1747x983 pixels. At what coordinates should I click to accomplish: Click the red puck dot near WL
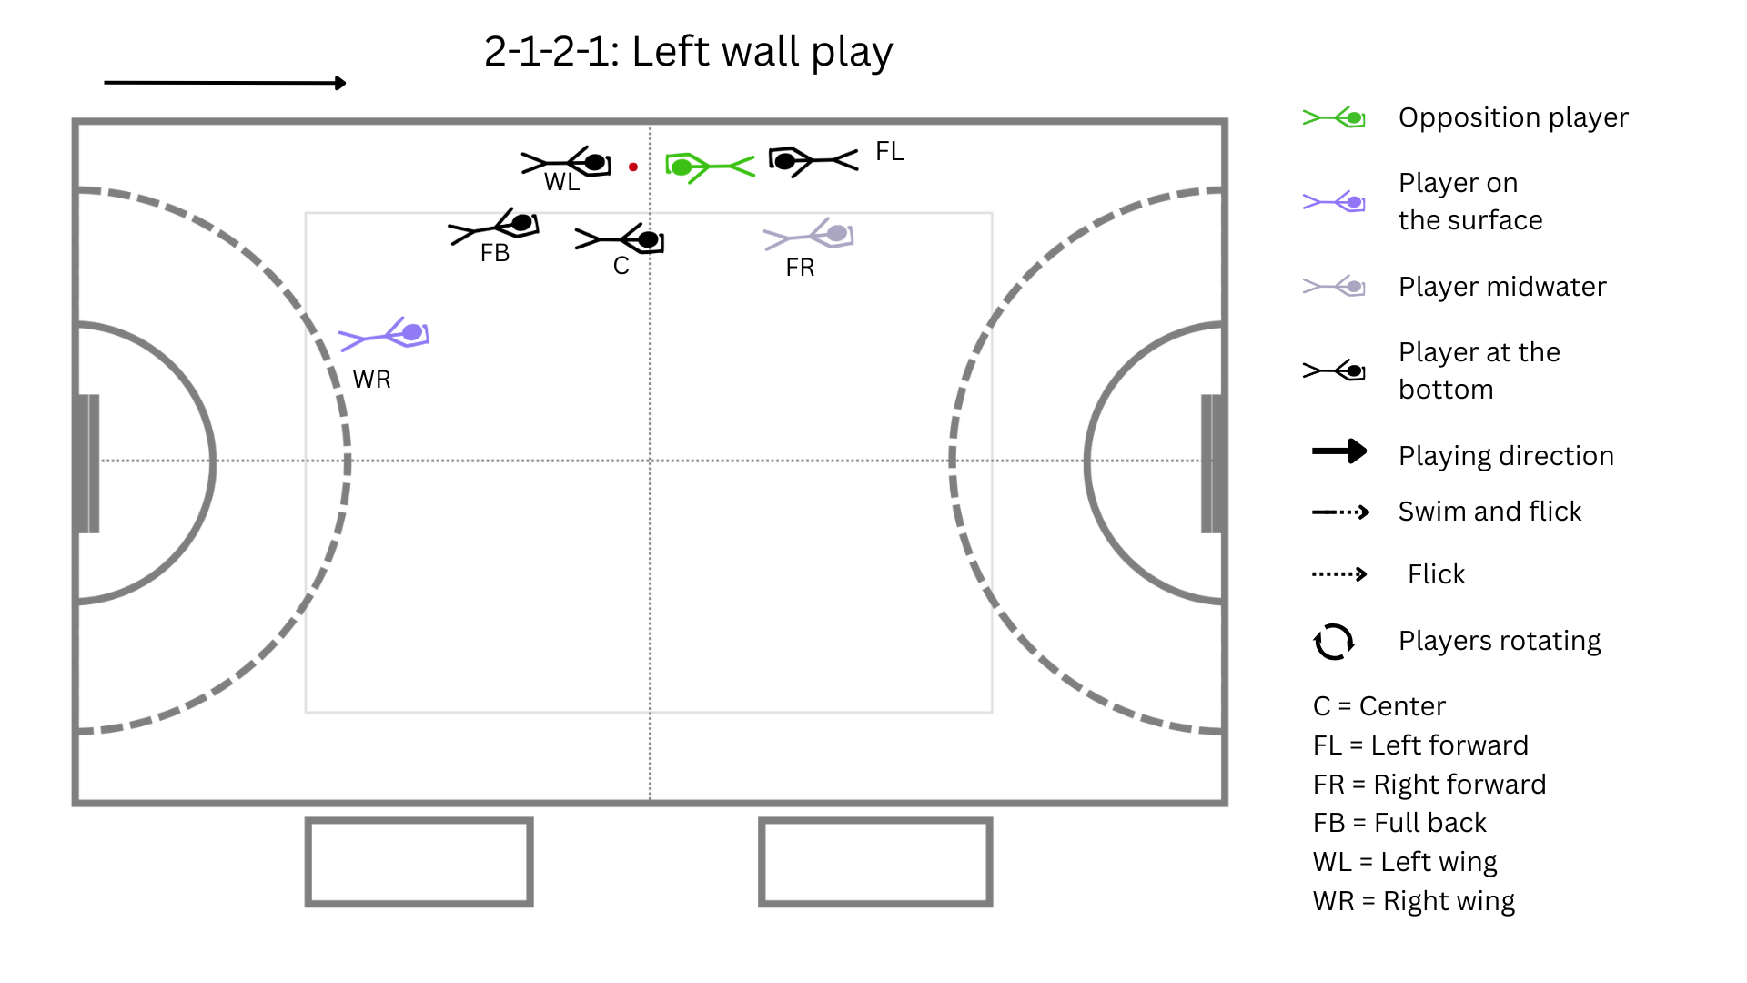tap(633, 167)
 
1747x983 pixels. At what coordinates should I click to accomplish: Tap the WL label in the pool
tap(561, 182)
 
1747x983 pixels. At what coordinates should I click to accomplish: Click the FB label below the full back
tap(495, 253)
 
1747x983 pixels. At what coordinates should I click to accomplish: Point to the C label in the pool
tap(621, 266)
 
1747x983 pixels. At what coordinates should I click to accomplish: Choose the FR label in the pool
tap(800, 268)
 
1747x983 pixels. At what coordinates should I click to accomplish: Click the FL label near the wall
tap(890, 151)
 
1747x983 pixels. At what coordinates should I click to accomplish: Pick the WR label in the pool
tap(372, 380)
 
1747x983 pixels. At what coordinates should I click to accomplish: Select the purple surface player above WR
tap(384, 334)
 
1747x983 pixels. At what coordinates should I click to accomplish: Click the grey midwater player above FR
tap(809, 235)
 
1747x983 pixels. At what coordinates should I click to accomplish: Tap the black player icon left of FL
tap(813, 161)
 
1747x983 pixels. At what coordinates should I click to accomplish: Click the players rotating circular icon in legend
tap(1334, 642)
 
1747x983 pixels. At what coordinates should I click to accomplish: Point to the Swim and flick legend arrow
tap(1340, 512)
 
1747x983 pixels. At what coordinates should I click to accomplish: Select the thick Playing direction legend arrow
tap(1339, 451)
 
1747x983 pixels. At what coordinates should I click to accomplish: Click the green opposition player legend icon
tap(1334, 117)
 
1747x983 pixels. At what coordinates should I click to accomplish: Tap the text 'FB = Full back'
tap(1399, 823)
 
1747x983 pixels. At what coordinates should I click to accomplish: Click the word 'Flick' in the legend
tap(1436, 574)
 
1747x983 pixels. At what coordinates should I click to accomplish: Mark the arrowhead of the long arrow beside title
tap(341, 83)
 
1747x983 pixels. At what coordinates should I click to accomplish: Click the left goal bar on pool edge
tap(88, 463)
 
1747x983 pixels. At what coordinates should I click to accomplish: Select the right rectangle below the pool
tap(875, 862)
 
